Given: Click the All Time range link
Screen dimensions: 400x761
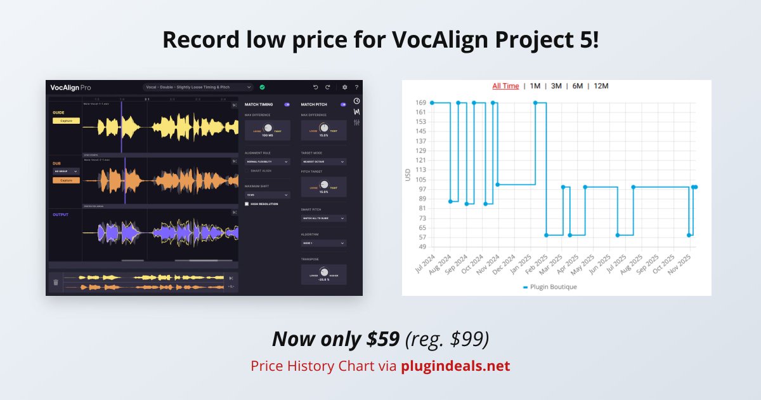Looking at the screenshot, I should [505, 86].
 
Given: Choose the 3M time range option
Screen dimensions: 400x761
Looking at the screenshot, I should [556, 86].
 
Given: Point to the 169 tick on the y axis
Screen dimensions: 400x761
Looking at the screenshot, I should [421, 102].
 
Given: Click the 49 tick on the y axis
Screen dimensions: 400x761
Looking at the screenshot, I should [422, 246].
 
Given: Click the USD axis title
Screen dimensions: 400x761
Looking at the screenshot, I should [408, 174].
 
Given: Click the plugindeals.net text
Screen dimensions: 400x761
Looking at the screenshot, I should [455, 366].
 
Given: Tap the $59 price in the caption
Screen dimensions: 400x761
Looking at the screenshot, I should [383, 340].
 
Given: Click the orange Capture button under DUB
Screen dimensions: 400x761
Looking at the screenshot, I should [66, 180].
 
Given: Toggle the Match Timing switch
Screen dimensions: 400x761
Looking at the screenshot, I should [287, 104].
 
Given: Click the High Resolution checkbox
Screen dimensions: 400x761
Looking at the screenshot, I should [247, 204].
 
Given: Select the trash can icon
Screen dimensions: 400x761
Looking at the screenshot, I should [56, 283].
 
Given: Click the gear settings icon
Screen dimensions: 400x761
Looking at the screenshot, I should [345, 87].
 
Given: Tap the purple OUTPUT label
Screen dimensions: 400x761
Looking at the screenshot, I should [61, 215].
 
